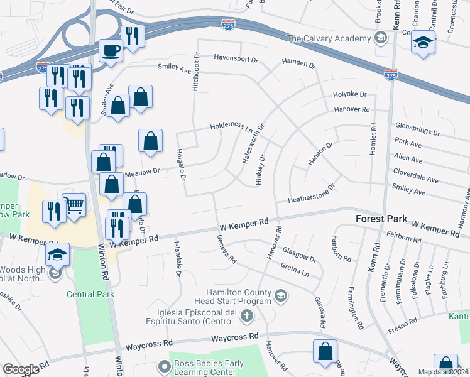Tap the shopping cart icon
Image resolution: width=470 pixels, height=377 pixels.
coord(74,204)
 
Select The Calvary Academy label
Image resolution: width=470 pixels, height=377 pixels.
coord(329,38)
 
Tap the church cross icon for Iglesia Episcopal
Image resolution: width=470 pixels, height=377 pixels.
coord(248,317)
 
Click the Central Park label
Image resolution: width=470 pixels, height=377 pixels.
coord(91,294)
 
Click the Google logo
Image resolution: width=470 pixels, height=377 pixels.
coord(21,369)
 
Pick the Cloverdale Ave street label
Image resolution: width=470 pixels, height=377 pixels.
coord(415,171)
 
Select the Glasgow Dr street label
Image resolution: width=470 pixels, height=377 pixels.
coord(299,254)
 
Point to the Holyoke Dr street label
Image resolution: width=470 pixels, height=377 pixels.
coord(349,94)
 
